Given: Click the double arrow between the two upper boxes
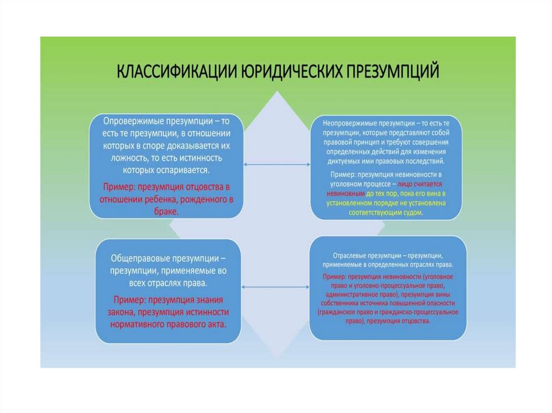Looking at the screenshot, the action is tap(278, 164).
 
